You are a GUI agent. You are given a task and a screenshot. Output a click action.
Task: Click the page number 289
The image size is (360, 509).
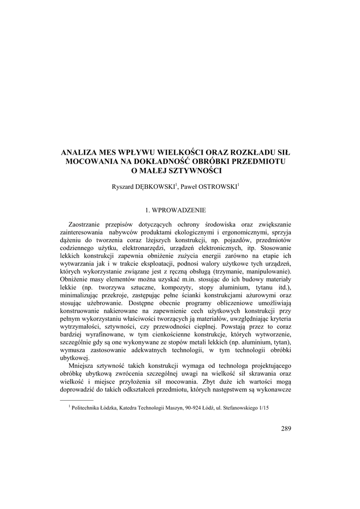(x=286, y=428)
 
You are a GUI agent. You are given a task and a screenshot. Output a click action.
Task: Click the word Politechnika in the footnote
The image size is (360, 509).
(x=88, y=408)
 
